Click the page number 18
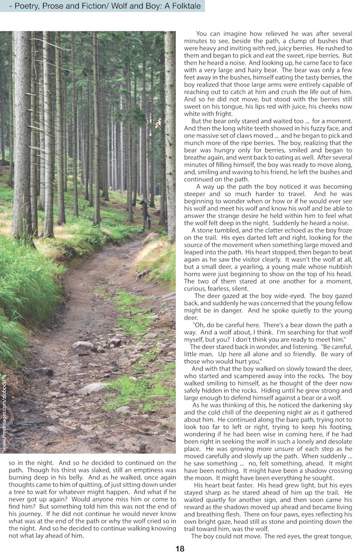click(x=180, y=548)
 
